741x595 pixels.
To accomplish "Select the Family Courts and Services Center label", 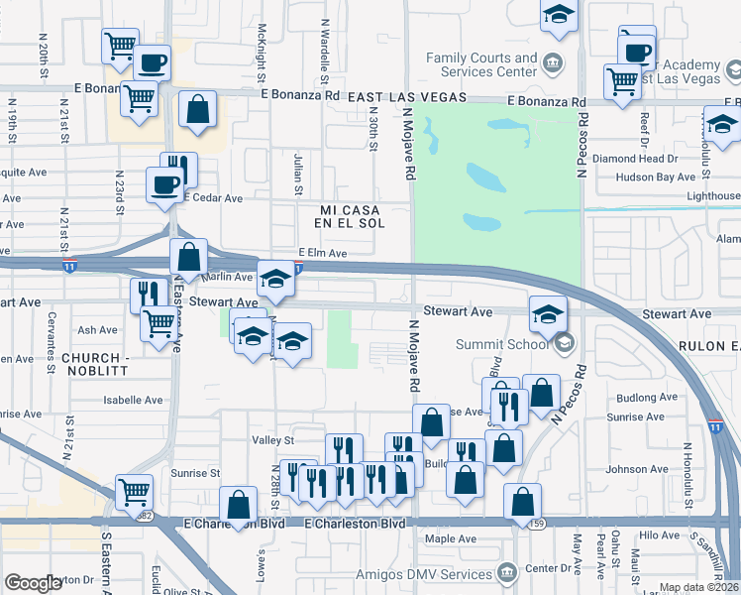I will (x=481, y=65).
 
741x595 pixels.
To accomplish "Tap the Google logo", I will (x=33, y=583).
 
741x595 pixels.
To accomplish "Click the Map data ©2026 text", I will (x=698, y=587).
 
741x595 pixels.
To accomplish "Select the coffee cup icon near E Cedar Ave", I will (x=164, y=183).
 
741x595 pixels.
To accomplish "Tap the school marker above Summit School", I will (x=548, y=314).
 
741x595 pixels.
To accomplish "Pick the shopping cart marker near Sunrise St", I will (x=135, y=490).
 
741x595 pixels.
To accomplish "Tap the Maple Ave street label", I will (x=450, y=539).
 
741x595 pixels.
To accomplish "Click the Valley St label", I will (x=274, y=440).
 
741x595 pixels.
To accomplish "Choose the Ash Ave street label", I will (x=97, y=330).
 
